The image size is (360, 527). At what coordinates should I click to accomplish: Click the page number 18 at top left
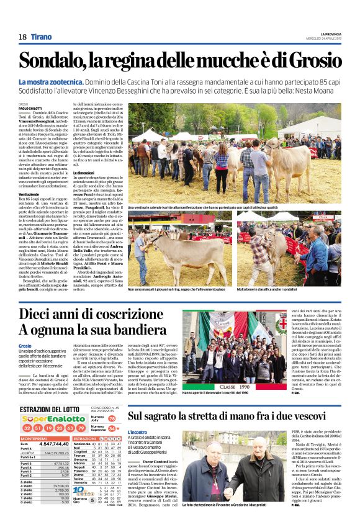23,37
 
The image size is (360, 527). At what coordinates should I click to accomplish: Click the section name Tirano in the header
42,37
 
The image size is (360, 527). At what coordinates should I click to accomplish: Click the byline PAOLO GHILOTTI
29,108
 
